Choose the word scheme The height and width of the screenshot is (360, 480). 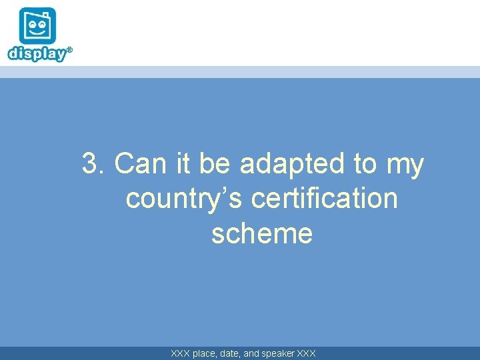(x=261, y=234)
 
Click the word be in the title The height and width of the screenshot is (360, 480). (x=214, y=164)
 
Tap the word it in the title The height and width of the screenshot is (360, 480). (x=183, y=164)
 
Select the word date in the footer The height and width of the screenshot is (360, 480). (x=233, y=353)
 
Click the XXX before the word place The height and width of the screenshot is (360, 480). (x=180, y=353)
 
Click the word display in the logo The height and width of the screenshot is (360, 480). (x=37, y=53)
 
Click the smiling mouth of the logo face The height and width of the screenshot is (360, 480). (x=37, y=33)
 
